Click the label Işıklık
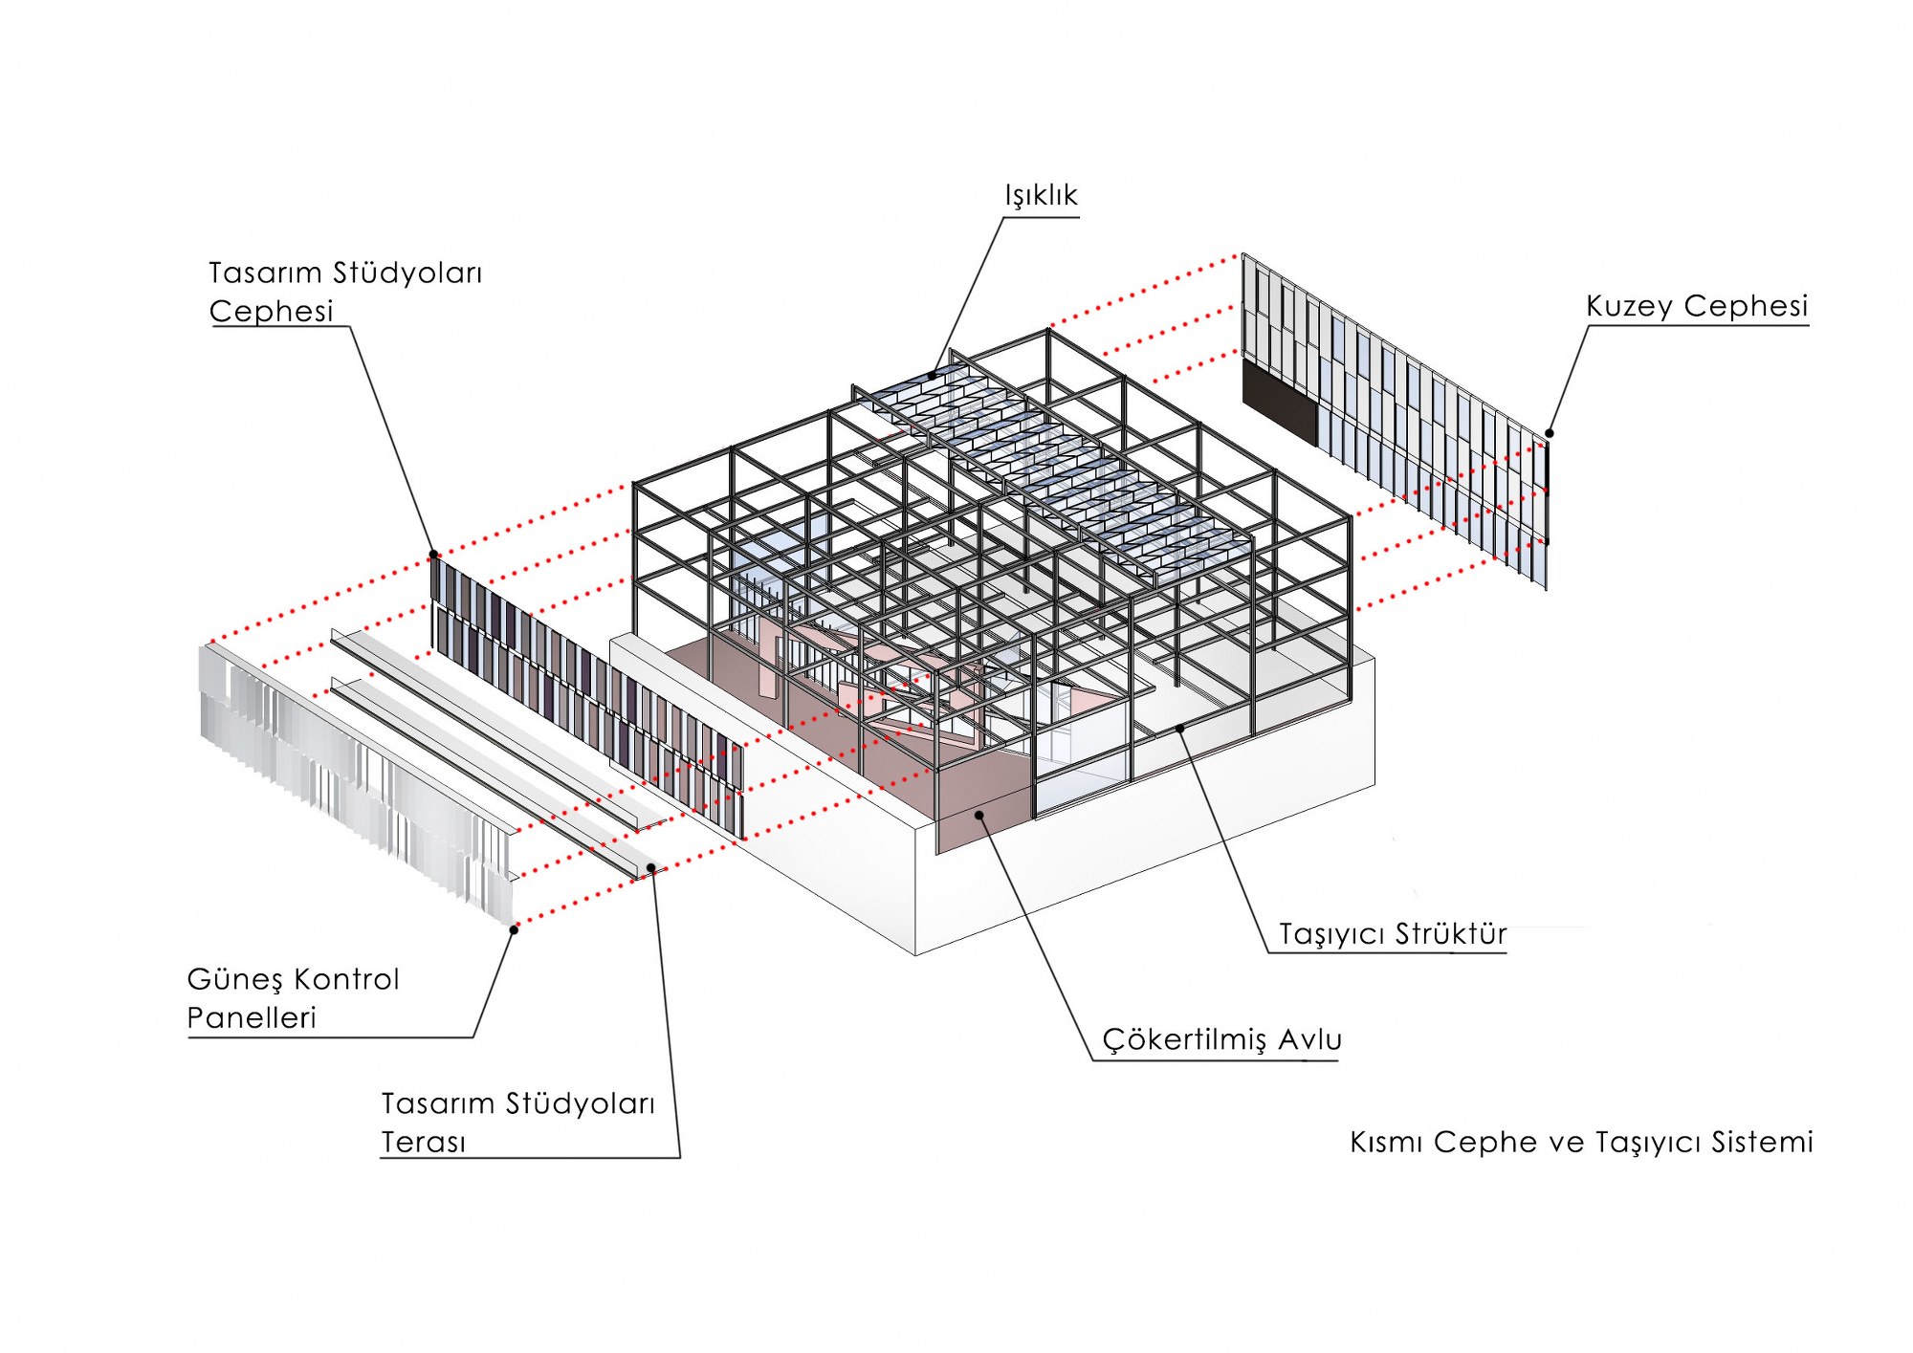tap(1041, 196)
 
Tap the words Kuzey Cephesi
tap(1697, 306)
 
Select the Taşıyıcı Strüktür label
tap(1393, 933)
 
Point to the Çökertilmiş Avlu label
tap(1221, 1039)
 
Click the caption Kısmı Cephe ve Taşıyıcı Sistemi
tap(1581, 1142)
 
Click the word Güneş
tap(234, 980)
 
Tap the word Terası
tap(424, 1143)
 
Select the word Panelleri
tap(252, 1018)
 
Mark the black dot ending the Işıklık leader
tap(932, 376)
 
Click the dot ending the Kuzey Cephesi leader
tap(1550, 433)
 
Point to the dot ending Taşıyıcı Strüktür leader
tap(1181, 729)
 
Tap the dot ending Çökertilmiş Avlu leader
tap(978, 815)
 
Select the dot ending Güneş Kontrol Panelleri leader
tap(514, 929)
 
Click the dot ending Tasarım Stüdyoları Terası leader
tap(651, 868)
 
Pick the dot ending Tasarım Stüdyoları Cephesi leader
tap(433, 555)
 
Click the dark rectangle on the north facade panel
tap(1279, 402)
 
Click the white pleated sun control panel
tap(354, 775)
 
